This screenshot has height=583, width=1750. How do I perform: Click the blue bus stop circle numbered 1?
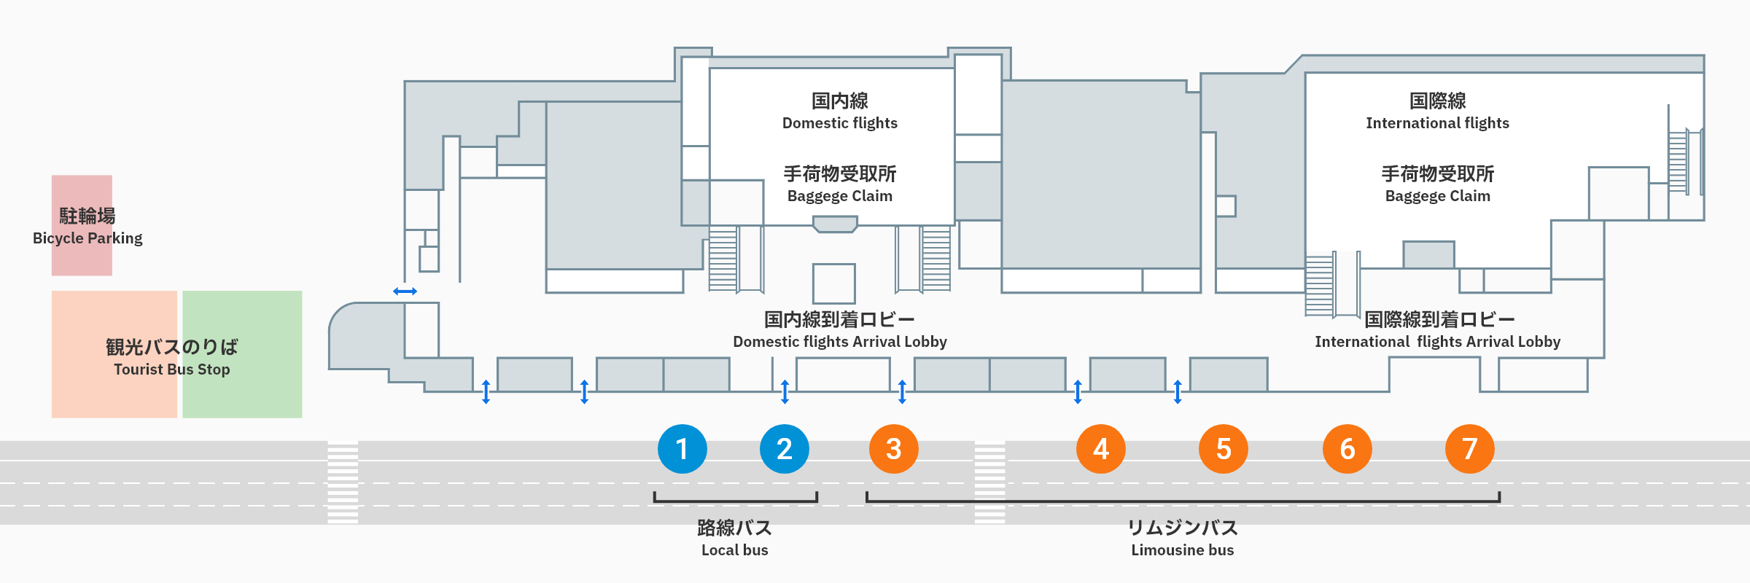[682, 449]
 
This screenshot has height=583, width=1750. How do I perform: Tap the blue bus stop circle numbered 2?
[784, 449]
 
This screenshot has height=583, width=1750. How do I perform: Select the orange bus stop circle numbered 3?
[893, 449]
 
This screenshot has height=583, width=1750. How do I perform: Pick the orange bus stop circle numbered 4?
[1100, 449]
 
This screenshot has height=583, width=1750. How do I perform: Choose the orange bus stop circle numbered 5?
[1223, 449]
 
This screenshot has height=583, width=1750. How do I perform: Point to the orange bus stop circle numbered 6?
[1347, 449]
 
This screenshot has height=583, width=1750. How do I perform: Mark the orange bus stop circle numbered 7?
[1469, 449]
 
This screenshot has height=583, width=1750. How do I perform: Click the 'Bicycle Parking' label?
[87, 238]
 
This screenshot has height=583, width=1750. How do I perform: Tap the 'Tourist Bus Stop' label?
[171, 369]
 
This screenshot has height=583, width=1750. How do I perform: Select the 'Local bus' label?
[734, 550]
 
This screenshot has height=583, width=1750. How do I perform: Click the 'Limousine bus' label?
[1182, 550]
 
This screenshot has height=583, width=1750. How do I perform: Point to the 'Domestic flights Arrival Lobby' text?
[839, 342]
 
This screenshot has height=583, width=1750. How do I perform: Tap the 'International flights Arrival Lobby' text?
[1437, 342]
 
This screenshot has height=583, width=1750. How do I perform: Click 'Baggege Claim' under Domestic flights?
[839, 196]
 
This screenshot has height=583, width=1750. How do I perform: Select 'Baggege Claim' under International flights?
[1437, 196]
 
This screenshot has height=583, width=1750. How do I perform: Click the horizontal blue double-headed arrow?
[405, 291]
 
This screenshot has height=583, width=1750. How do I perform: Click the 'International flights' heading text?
[1437, 123]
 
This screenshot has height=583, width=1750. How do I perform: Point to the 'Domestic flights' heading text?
[839, 123]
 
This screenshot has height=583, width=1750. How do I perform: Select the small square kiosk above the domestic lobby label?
[833, 283]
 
